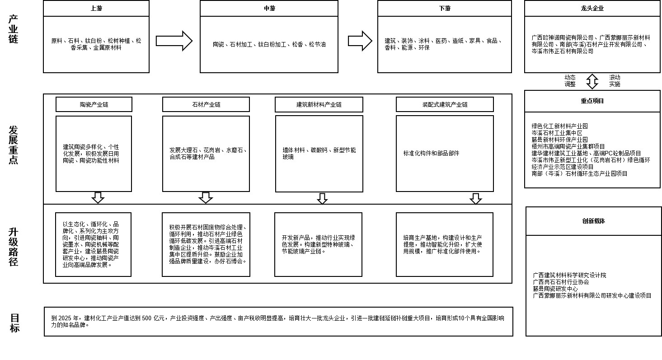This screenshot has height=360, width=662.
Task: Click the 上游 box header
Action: tap(96, 9)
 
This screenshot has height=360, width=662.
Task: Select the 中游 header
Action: tap(269, 9)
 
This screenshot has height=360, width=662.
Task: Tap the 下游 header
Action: tap(444, 9)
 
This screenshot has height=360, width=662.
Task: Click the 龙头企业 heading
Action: tap(592, 9)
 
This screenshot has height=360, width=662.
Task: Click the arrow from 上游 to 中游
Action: tap(174, 41)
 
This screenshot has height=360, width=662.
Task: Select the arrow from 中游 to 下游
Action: tap(360, 41)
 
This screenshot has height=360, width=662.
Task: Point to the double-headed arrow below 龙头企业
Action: tap(592, 81)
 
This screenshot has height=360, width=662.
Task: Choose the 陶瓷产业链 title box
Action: tap(94, 104)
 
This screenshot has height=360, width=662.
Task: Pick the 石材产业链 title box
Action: tap(206, 104)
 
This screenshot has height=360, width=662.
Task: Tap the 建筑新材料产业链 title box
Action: tap(319, 104)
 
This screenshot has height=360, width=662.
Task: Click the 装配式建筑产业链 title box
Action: tap(445, 104)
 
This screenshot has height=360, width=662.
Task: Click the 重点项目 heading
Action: tap(592, 101)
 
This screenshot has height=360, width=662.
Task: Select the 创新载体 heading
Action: tap(593, 221)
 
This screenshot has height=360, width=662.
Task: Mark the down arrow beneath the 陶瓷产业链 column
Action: tap(98, 198)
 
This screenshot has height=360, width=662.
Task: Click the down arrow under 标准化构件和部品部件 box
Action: tap(475, 199)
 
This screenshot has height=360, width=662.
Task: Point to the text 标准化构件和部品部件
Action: tap(431, 154)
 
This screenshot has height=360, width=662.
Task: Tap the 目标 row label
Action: tap(15, 323)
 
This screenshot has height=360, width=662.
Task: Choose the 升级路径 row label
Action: tap(14, 246)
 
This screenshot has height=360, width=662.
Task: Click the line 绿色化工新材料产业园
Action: tap(560, 126)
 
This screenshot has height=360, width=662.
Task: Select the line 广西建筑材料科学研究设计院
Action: tap(569, 275)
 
